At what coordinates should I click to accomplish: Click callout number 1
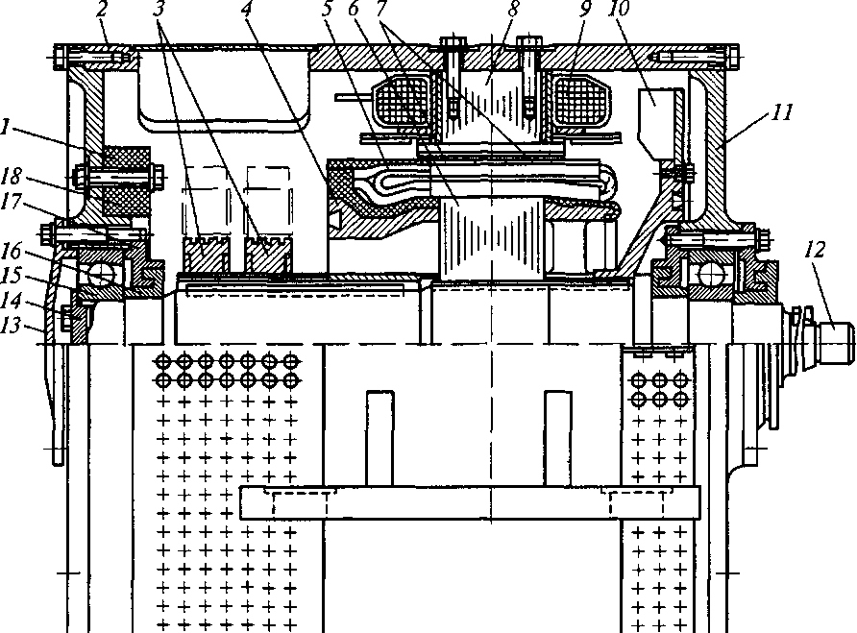click(6, 128)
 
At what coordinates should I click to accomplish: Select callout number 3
click(159, 10)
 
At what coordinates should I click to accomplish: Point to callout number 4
click(246, 10)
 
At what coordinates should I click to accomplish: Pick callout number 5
click(328, 10)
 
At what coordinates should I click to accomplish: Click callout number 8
click(513, 9)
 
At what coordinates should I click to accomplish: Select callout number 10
click(620, 9)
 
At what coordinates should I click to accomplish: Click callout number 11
click(781, 112)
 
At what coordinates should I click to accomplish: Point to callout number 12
click(815, 250)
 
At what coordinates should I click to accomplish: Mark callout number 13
click(11, 326)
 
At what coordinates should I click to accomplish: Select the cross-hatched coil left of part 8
click(402, 100)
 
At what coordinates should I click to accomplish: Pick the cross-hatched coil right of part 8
click(579, 100)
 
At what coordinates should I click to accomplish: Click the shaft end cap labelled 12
click(835, 342)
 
